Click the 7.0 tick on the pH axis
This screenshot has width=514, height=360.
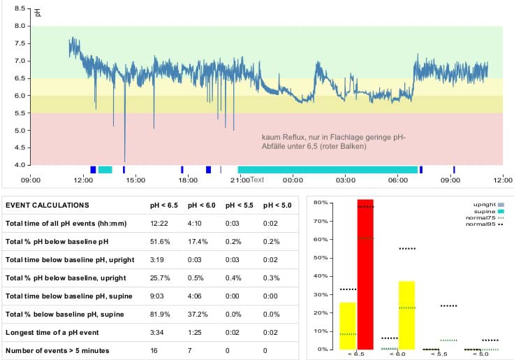pos(18,61)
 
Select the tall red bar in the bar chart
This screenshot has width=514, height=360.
pos(365,273)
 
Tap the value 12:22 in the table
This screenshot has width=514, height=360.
pos(160,224)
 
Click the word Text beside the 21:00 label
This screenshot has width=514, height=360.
pos(257,180)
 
